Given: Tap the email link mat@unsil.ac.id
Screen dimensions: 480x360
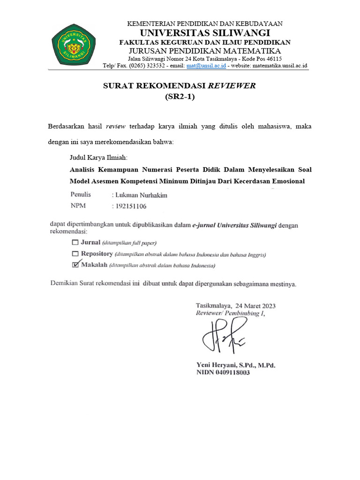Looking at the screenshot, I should click(206, 66).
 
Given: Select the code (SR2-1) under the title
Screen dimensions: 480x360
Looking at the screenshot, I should click(180, 97).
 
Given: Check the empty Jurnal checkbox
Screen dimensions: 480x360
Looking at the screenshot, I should click(75, 242).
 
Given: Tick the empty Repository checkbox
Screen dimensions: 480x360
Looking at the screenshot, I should click(75, 254).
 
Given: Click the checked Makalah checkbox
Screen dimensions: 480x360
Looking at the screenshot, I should click(75, 265).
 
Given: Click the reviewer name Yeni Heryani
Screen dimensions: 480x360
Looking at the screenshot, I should click(218, 365).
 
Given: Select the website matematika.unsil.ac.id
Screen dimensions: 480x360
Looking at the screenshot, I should click(279, 66).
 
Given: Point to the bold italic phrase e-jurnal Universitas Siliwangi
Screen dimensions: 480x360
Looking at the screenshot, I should click(236, 225).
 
